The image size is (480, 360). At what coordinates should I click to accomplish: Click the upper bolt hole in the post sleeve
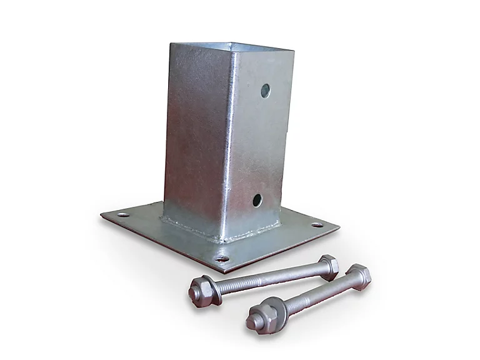pyautogui.click(x=266, y=91)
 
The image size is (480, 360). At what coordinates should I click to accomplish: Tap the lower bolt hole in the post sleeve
pyautogui.click(x=257, y=200)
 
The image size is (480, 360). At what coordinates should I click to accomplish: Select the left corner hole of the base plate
pyautogui.click(x=122, y=214)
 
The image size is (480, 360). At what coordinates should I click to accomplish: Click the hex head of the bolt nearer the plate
pyautogui.click(x=329, y=266)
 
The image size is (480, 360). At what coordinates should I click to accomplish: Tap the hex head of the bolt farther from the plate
pyautogui.click(x=358, y=275)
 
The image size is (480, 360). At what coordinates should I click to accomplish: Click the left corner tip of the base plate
pyautogui.click(x=102, y=215)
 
